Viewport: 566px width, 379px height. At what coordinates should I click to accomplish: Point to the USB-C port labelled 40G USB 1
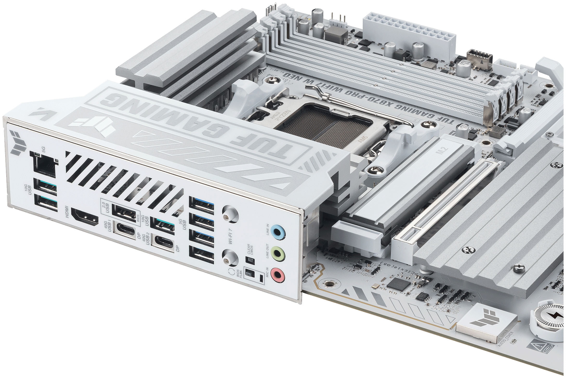tap(126, 229)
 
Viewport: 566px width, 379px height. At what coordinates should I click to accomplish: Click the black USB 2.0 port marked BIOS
tap(124, 209)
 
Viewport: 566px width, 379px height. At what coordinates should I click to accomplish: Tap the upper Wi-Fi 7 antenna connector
tap(230, 213)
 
